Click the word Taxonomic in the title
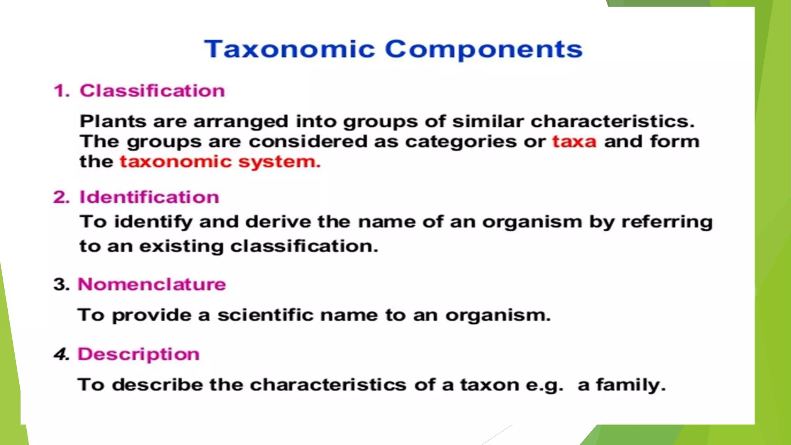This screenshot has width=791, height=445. point(290,49)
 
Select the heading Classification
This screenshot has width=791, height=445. point(152,91)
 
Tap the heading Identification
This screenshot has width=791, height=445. point(149,197)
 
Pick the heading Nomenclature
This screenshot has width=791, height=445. point(152,284)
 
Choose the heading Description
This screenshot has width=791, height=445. point(139,354)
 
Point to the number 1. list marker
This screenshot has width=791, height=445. point(61,91)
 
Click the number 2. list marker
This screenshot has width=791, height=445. point(61,197)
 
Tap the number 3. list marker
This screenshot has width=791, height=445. point(61,285)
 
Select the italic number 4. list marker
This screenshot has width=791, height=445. point(61,354)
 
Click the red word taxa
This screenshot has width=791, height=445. point(574,141)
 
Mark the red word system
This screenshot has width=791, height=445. point(279,162)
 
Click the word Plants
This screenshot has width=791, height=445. point(113,121)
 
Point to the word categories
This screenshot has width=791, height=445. point(460,142)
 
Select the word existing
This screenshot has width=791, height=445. point(181,246)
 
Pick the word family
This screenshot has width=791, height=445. point(631,385)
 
